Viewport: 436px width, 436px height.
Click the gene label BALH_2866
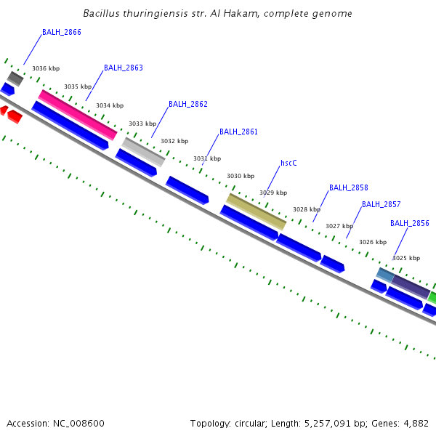point(61,32)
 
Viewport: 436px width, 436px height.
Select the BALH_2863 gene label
point(123,68)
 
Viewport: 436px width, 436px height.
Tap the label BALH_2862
point(187,104)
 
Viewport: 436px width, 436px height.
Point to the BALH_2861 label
point(238,132)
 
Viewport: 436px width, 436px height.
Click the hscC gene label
point(288,163)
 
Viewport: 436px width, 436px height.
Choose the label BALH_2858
point(348,187)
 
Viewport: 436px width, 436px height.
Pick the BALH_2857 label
point(381,204)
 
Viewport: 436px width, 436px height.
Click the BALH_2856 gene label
point(409,223)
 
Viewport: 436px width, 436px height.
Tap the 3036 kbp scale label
point(46,68)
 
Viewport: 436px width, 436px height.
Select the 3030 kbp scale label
point(241,176)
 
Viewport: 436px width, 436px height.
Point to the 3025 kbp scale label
point(406,258)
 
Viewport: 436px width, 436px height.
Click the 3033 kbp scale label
point(142,124)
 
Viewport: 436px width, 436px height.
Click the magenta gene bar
point(77,114)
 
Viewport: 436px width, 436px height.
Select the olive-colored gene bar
point(257,211)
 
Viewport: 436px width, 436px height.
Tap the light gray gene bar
point(143,151)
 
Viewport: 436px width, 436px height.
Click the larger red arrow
point(15,116)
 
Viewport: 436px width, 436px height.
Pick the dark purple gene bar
point(411,286)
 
